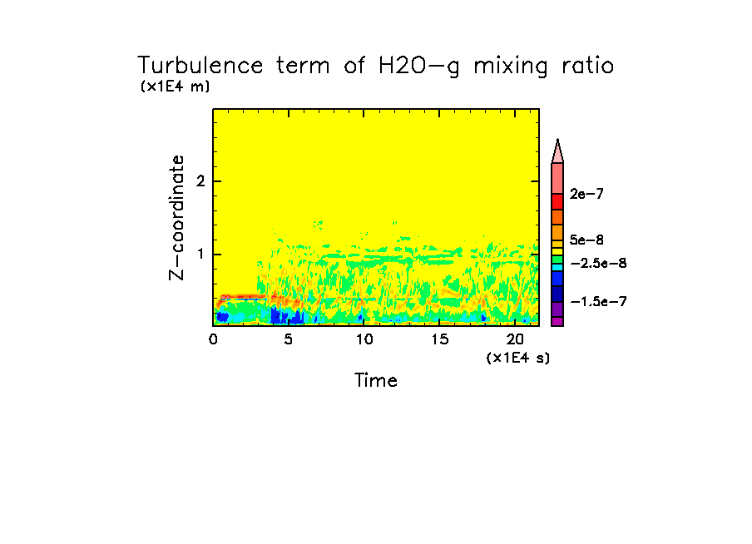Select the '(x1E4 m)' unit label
coord(175,87)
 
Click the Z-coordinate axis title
coord(176,216)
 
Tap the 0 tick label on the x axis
coord(213,339)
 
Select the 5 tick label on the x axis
coord(289,339)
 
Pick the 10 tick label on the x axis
coord(364,339)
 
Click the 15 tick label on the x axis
coord(440,339)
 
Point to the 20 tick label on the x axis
coord(516,339)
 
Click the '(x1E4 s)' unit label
coord(517,358)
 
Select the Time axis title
coord(376,381)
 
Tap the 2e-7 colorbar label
coord(587,194)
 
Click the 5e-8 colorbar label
coord(587,240)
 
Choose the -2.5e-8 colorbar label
coord(597,263)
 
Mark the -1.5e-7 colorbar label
coord(597,301)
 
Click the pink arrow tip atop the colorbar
coord(557,151)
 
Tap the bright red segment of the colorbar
coord(557,201)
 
